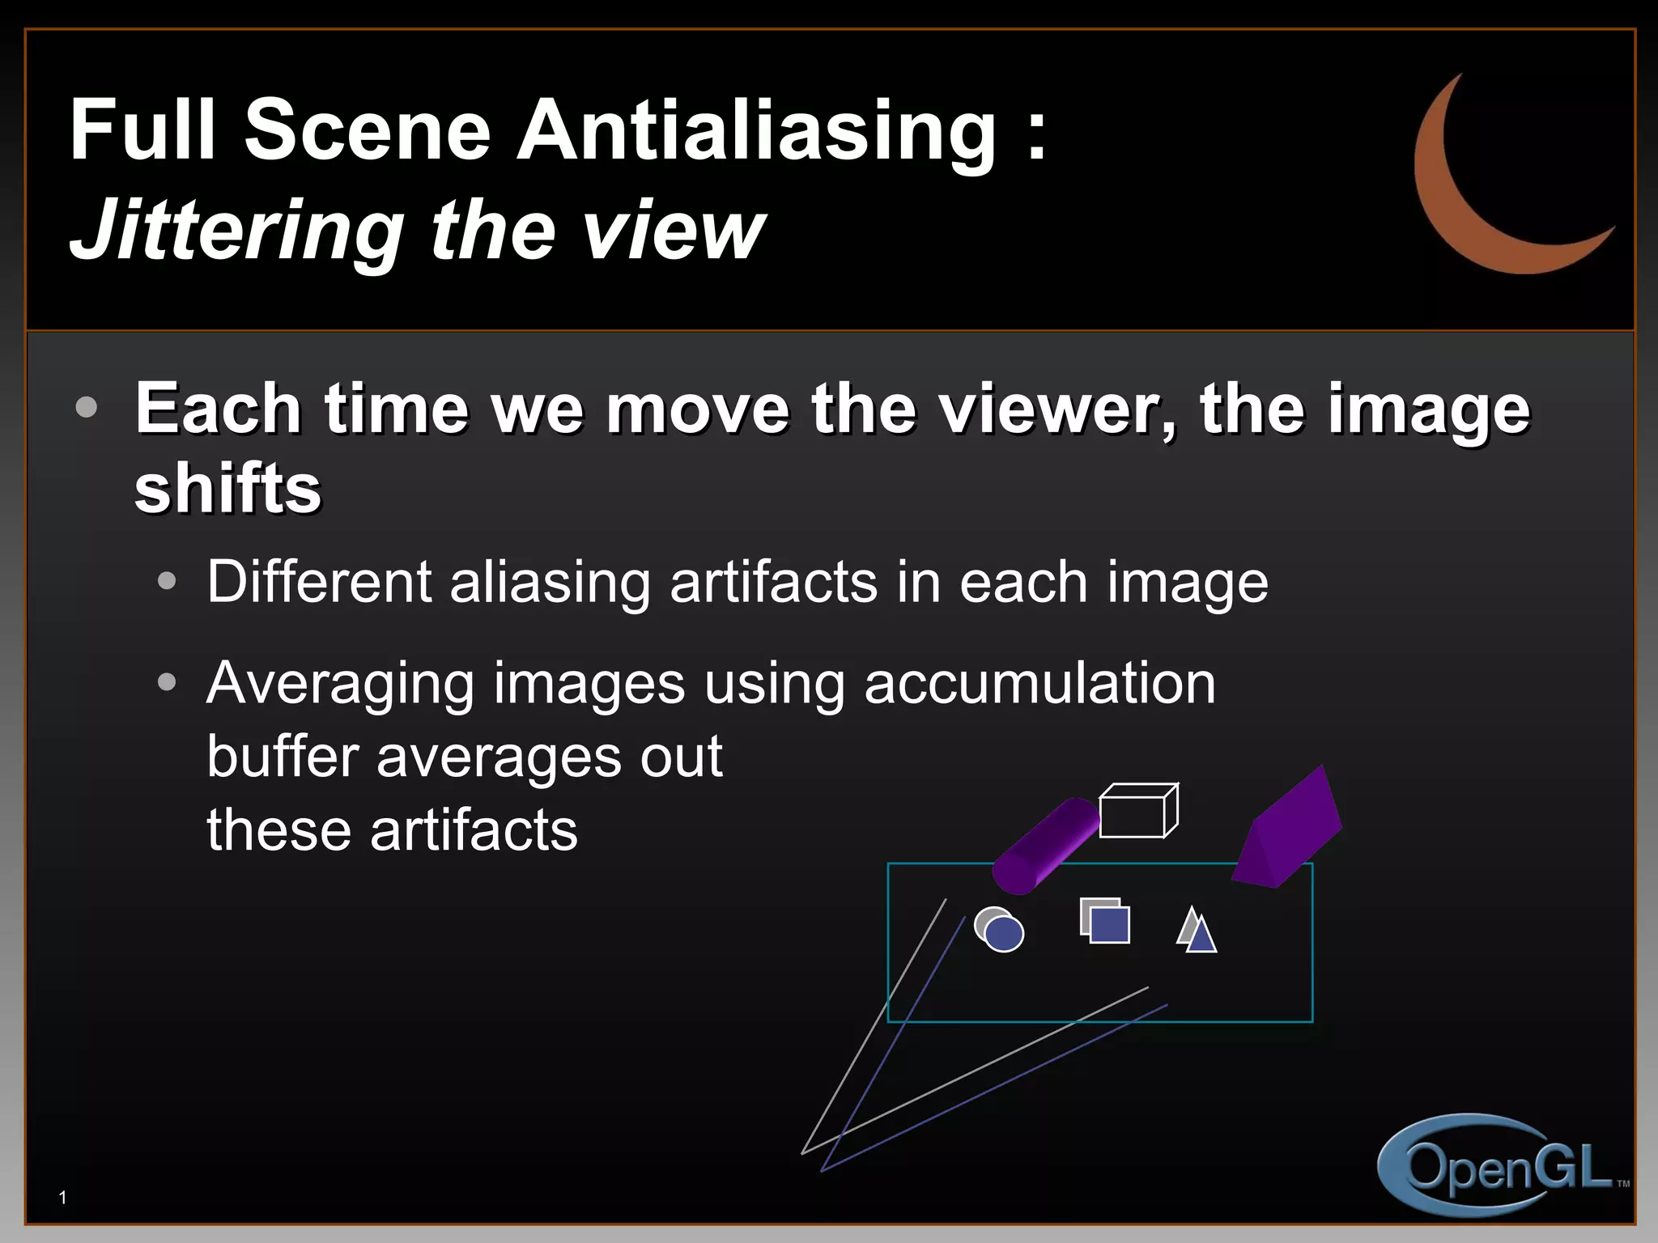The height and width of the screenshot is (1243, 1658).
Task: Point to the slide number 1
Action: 63,1198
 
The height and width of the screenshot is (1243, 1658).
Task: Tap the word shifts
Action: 227,489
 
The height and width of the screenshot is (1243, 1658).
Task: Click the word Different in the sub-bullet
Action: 319,582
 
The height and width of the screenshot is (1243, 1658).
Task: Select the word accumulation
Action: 1039,684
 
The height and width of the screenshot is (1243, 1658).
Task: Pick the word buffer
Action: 283,757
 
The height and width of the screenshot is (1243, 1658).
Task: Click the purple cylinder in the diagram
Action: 1044,846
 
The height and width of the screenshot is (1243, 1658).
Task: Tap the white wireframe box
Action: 1137,811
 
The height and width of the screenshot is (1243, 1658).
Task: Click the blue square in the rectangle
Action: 1110,925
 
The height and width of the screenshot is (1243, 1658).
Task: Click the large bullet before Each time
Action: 86,407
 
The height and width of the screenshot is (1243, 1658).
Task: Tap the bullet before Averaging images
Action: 167,683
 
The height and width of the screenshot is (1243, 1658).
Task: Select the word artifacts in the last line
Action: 474,831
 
